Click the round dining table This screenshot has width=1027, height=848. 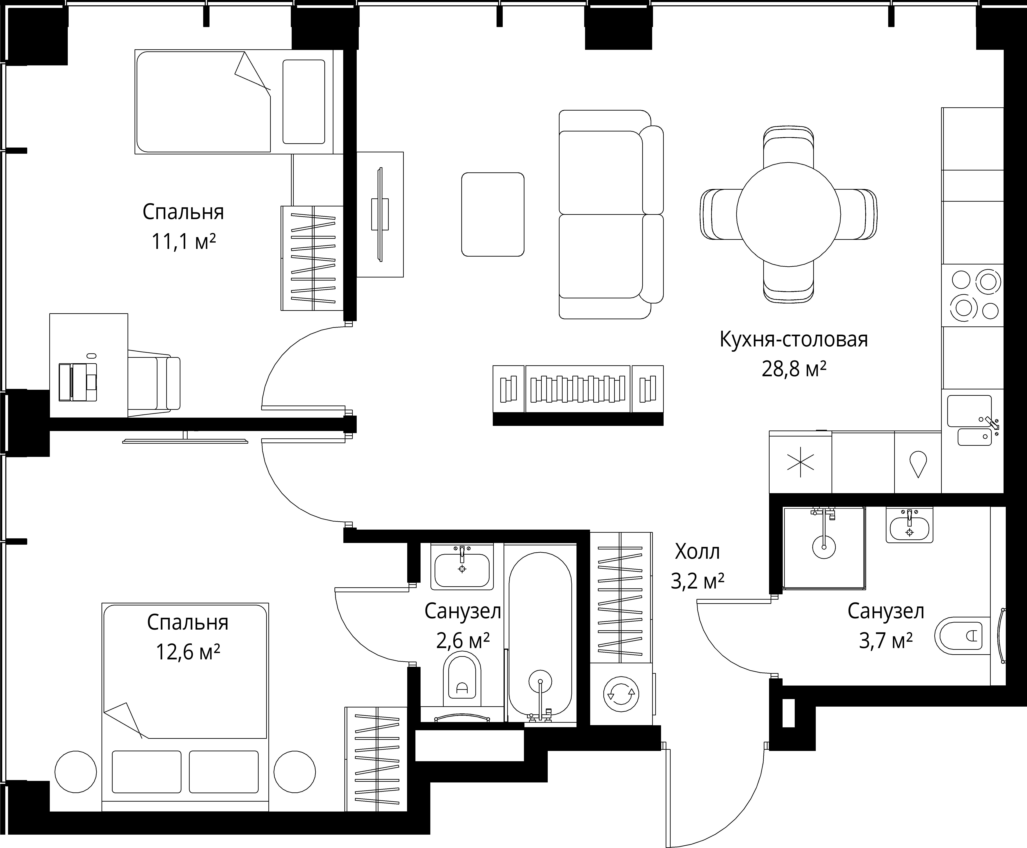tap(788, 214)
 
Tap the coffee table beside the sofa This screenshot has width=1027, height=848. tap(493, 214)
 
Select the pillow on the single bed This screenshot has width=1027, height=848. tap(304, 102)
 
